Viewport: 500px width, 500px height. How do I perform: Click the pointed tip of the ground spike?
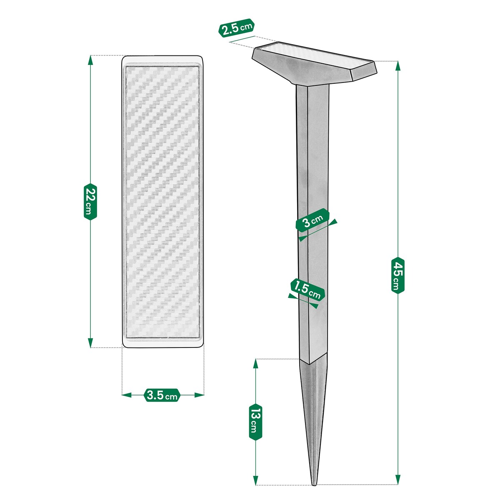314,484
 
